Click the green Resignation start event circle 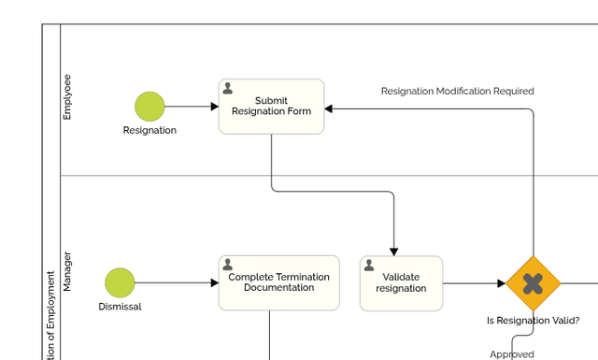149,107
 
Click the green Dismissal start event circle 120,282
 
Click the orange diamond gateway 533,282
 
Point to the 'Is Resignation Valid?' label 533,320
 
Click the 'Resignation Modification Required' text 457,92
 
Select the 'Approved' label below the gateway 512,354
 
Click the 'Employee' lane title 66,97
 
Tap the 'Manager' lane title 66,271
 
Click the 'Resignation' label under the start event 149,131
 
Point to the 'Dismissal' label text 120,307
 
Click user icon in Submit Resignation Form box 228,89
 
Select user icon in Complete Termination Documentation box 228,266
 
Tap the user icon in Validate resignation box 369,266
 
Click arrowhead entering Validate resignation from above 394,251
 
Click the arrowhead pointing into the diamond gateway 502,283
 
